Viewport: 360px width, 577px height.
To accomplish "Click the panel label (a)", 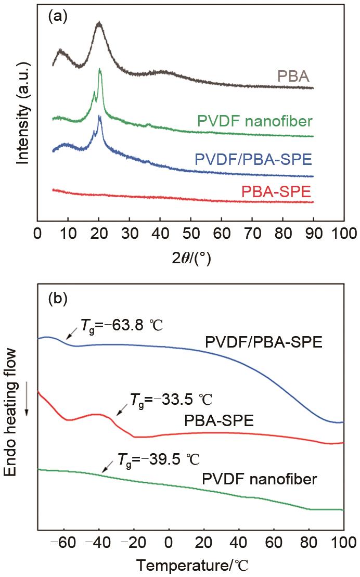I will tap(56, 17).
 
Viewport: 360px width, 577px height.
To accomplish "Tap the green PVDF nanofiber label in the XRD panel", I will tap(255, 122).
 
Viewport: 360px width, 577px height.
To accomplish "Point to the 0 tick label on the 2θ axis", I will tap(37, 233).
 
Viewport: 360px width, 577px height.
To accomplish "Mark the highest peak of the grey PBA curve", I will tap(99, 23).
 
